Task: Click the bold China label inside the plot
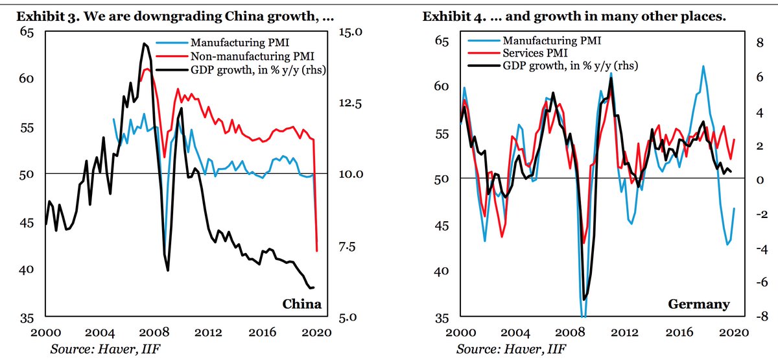[301, 304]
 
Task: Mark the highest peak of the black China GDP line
[143, 43]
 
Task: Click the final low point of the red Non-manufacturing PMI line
[317, 250]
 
